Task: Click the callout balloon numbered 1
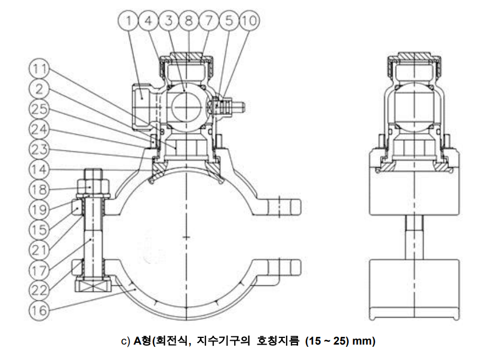coord(128,21)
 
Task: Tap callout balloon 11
coord(39,69)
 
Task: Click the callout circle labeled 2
coord(39,89)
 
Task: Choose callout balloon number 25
coord(39,108)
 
